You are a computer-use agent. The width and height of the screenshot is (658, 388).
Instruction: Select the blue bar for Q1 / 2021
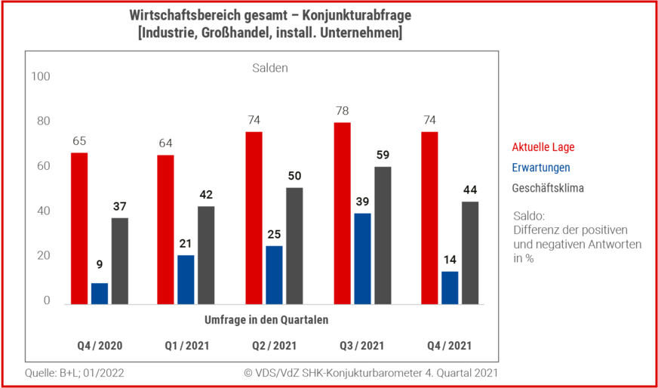186,279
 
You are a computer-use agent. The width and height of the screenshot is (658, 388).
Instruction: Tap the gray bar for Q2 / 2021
294,245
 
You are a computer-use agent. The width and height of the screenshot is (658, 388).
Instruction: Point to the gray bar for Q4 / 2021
469,253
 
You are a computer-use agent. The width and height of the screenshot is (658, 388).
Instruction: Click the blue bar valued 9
100,294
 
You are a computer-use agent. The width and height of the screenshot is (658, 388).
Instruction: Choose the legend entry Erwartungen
541,168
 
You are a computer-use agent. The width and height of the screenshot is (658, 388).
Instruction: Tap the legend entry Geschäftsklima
548,188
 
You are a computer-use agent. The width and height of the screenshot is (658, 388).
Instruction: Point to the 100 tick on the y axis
41,77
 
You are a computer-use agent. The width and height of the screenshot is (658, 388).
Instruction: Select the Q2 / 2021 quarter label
274,346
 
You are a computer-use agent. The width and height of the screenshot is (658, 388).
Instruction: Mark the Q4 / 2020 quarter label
100,346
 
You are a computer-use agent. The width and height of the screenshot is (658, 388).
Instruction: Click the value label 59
383,156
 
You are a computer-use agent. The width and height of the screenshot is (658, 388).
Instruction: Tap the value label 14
449,260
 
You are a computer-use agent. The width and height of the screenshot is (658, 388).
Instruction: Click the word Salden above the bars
270,68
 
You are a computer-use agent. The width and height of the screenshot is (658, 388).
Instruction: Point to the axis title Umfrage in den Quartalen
266,319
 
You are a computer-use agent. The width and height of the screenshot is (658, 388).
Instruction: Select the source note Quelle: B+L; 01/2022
75,373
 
